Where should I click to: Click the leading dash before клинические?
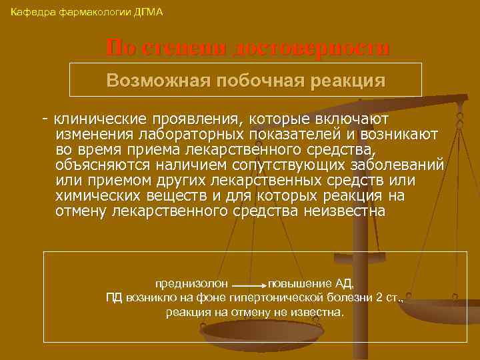[44, 119]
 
